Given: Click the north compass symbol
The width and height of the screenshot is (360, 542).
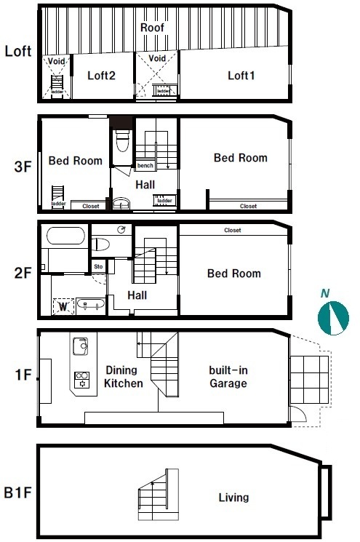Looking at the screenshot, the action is click(x=333, y=318).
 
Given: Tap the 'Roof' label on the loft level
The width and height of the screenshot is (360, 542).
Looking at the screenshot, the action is click(x=152, y=28).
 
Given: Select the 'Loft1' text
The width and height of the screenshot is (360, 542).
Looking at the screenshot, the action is click(x=241, y=76).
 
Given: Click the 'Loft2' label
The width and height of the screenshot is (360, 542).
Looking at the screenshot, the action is click(x=101, y=76).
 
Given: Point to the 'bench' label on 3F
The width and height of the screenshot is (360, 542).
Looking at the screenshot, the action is click(x=145, y=166).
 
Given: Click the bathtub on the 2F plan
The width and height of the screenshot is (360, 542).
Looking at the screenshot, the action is click(x=65, y=236).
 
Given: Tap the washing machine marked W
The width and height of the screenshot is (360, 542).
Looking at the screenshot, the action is click(x=63, y=306).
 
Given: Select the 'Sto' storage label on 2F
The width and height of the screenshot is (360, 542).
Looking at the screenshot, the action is click(x=98, y=266).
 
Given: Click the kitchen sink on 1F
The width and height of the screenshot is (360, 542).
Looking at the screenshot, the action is click(x=81, y=346).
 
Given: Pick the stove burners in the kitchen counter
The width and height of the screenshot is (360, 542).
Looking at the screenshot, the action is click(x=82, y=380).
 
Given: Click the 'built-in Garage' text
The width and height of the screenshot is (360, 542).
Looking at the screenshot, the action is click(x=228, y=377).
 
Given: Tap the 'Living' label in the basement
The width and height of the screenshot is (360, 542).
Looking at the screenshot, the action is click(x=233, y=498).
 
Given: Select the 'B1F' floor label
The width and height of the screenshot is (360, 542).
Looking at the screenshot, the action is click(x=17, y=493).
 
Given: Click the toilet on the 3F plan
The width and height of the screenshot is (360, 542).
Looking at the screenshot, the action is click(x=122, y=141).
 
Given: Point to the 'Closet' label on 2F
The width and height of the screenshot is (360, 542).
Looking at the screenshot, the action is click(x=233, y=230).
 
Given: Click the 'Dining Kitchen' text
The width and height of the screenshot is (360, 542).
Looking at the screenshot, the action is click(x=124, y=377).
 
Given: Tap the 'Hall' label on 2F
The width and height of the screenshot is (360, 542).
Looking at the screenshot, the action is click(x=137, y=295).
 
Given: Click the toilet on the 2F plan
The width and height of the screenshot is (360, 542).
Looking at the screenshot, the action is click(x=100, y=244).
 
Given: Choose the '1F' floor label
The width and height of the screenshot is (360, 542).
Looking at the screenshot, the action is click(x=23, y=375).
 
